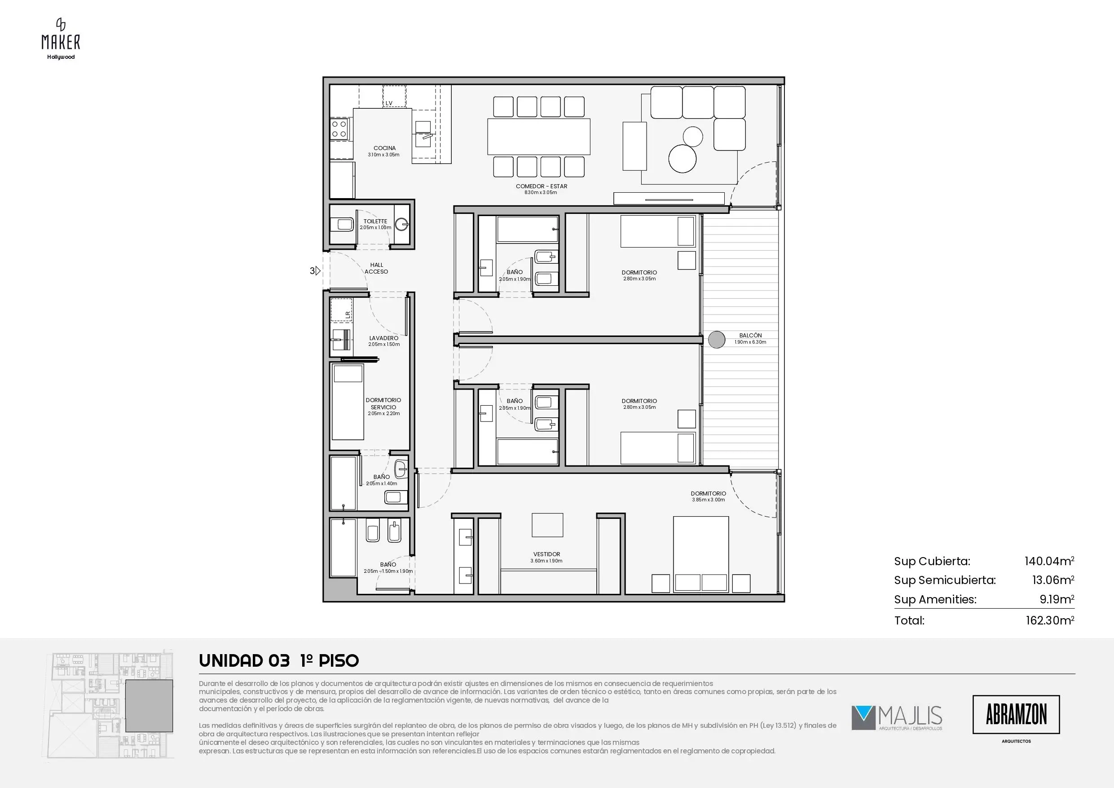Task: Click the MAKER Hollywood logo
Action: (x=61, y=39)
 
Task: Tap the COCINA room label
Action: (x=384, y=148)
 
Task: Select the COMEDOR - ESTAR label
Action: (x=541, y=186)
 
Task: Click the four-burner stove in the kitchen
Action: (x=339, y=128)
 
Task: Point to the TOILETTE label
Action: (x=375, y=221)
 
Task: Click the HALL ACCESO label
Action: (x=377, y=269)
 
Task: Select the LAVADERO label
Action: (x=384, y=338)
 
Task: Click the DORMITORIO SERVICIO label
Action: (x=383, y=403)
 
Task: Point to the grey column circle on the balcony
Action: (x=717, y=339)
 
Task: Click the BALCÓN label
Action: (x=750, y=336)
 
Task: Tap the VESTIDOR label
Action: (x=547, y=554)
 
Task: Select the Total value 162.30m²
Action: (x=1049, y=620)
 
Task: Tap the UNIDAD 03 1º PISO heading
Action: (x=279, y=661)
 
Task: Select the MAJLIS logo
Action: (x=897, y=718)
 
